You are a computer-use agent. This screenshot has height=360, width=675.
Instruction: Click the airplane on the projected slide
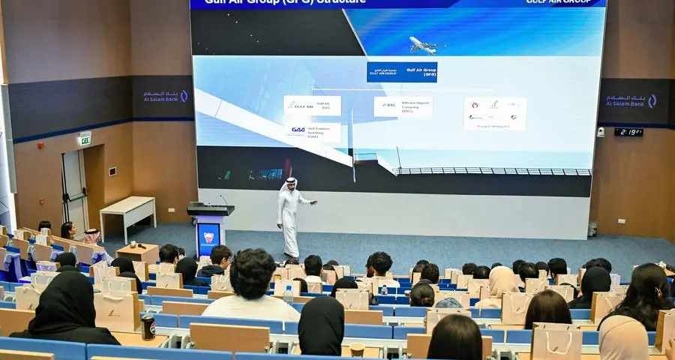coord(424,46)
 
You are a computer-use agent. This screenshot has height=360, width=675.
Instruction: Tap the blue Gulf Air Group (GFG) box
coord(401,72)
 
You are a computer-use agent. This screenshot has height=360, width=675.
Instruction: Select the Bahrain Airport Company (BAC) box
coord(403,106)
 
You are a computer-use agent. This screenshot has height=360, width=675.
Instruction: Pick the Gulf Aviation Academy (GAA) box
coord(312,132)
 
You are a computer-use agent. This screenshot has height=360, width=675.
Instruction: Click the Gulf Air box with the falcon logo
coord(312,106)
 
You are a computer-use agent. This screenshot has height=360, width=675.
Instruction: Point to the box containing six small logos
coord(495,113)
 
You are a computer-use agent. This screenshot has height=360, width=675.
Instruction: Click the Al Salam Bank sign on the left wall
coord(164,97)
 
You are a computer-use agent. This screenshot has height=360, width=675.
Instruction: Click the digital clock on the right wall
coord(628,132)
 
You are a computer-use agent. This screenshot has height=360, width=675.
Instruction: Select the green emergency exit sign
coord(85,140)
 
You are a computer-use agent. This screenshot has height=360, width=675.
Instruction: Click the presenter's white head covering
coord(289,182)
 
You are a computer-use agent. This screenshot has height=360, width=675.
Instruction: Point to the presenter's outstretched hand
coord(313,202)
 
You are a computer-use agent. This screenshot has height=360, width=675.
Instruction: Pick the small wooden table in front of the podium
coord(138,253)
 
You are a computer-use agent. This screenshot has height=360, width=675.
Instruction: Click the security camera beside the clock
coord(601,132)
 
